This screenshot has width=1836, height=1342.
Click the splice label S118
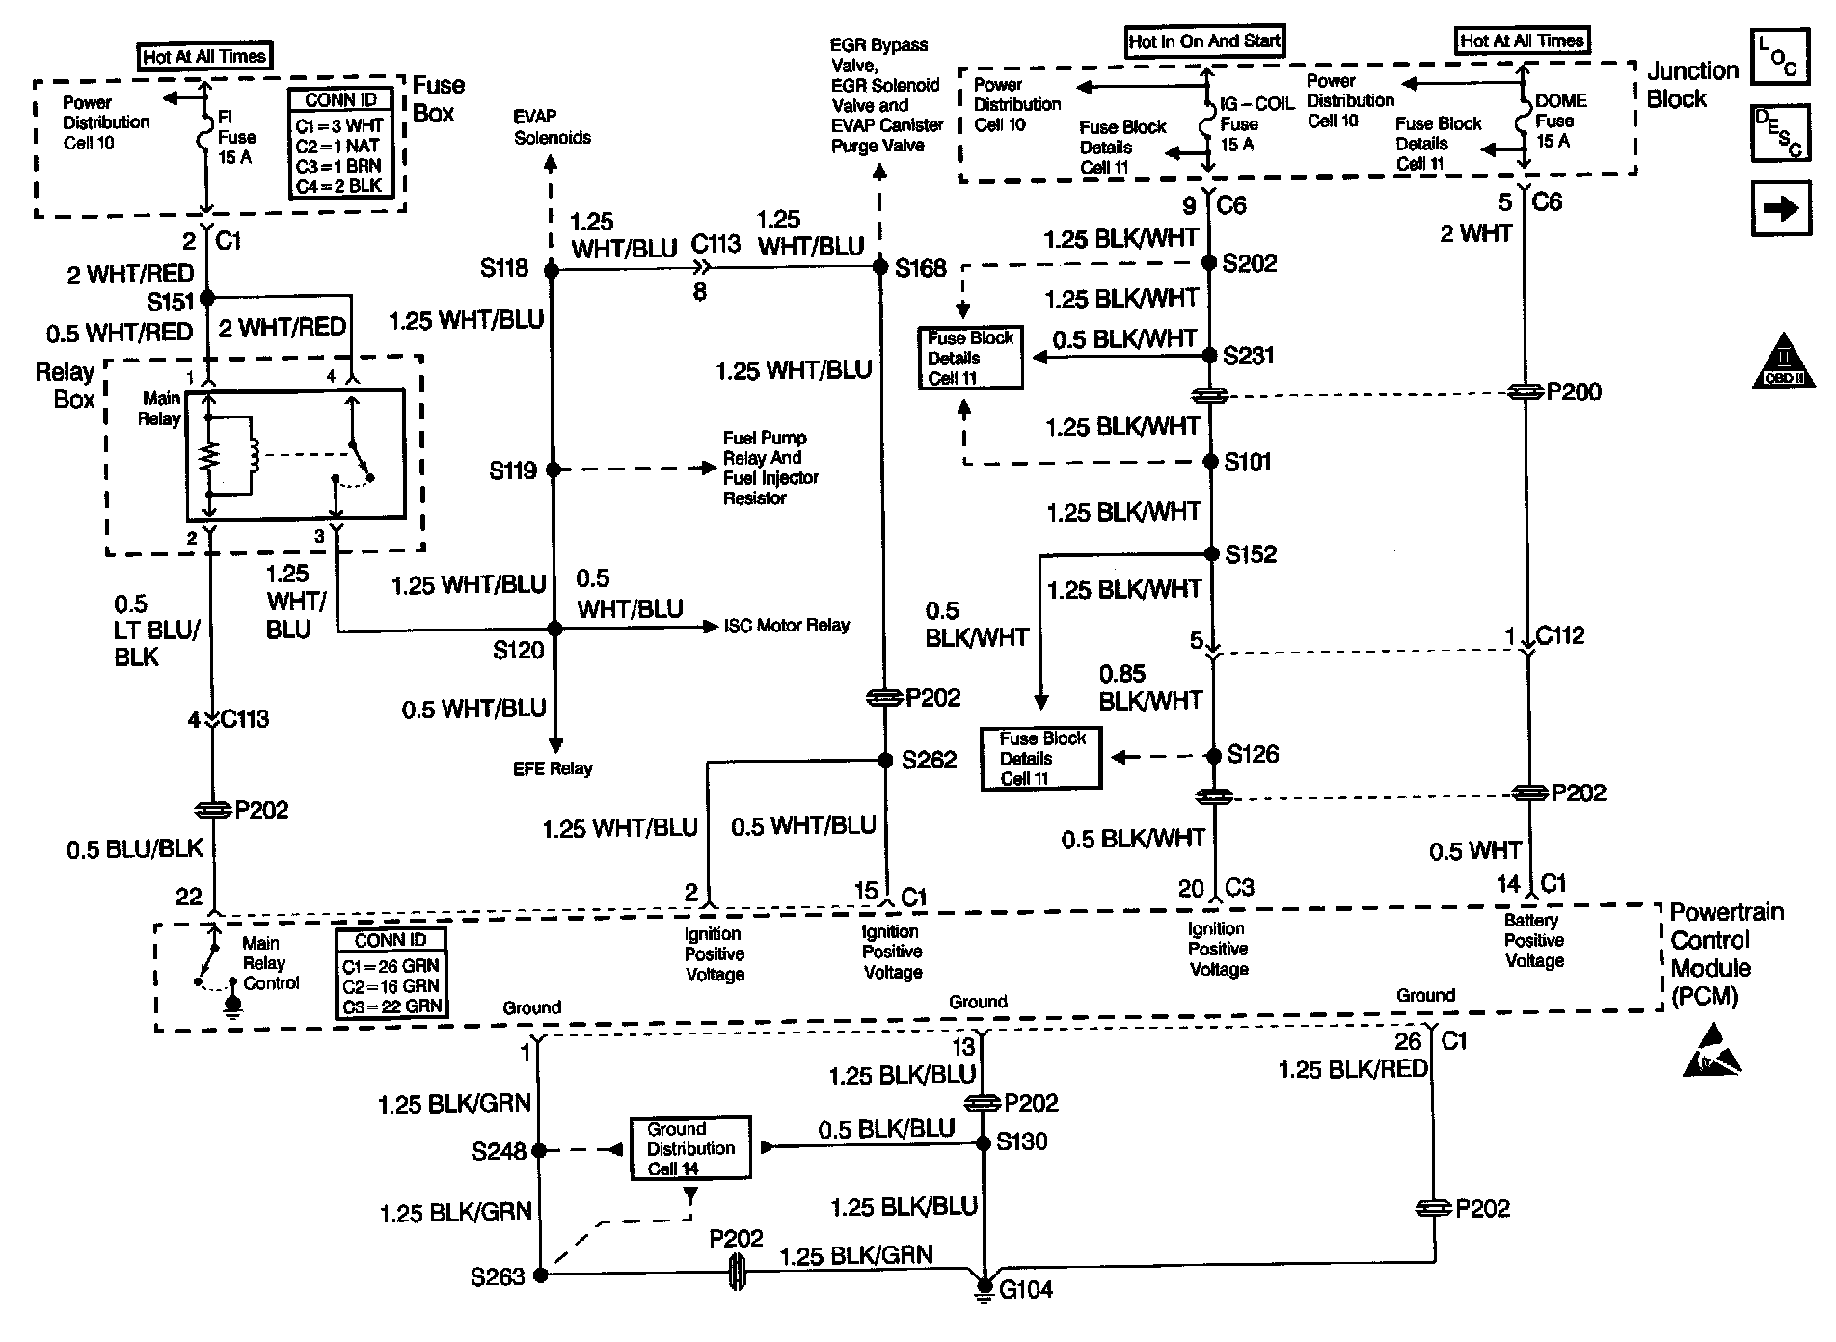click(504, 268)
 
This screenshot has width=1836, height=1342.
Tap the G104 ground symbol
click(985, 1286)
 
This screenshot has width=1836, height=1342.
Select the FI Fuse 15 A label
click(236, 137)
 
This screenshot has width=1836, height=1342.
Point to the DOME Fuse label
click(1559, 121)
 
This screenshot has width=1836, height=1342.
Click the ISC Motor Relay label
click(787, 626)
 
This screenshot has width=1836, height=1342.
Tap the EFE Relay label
click(553, 768)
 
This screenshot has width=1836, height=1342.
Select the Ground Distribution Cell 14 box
click(690, 1148)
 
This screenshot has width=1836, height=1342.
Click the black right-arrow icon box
click(1780, 209)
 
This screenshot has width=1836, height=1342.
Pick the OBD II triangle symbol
click(1783, 363)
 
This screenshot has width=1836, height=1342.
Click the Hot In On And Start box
click(1204, 41)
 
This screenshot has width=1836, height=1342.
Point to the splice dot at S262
click(885, 761)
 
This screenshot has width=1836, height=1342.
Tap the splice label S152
click(1251, 554)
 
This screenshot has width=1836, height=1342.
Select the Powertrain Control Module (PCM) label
click(1725, 953)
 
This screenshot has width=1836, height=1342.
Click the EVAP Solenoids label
click(552, 126)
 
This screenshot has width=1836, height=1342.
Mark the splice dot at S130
click(984, 1143)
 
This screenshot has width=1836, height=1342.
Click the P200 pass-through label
click(1574, 391)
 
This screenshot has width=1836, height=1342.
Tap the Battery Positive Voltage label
click(1533, 940)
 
